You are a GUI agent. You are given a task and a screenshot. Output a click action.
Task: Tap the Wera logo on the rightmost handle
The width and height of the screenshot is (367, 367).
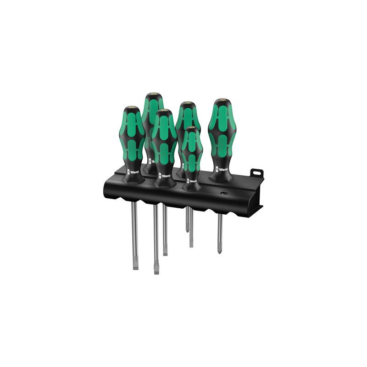point(222,169)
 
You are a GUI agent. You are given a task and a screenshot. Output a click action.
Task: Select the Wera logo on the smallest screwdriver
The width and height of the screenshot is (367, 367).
point(192,179)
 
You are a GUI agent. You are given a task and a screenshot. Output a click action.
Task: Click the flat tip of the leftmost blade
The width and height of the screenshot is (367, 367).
point(135,266)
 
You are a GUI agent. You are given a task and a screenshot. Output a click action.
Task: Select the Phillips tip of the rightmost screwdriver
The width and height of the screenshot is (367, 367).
point(220,249)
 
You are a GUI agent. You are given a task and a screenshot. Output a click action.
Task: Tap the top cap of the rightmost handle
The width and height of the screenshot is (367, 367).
point(222,101)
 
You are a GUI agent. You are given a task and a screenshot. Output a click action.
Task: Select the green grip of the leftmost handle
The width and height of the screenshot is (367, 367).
point(133,138)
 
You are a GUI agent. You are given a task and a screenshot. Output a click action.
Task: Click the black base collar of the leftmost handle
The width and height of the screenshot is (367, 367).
point(133,177)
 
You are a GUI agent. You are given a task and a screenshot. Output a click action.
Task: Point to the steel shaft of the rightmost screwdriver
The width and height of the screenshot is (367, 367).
point(220,229)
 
